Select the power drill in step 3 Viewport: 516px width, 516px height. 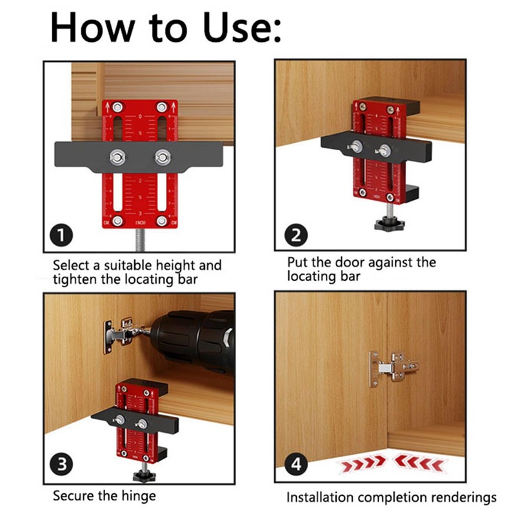point(193,339)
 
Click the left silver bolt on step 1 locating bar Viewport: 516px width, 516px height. point(117,155)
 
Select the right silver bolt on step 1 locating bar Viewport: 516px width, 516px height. point(162,155)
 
